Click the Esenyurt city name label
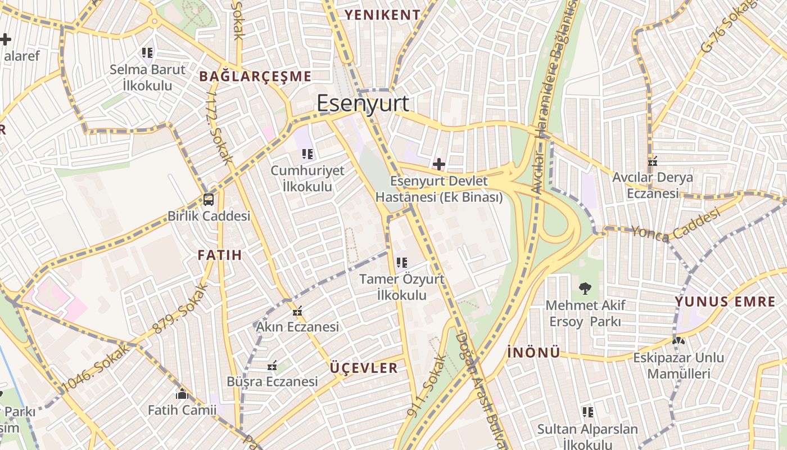(x=363, y=104)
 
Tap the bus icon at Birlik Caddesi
(x=208, y=199)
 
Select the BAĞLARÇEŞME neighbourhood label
(x=255, y=76)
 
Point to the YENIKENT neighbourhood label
(x=382, y=15)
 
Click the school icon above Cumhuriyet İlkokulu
(x=307, y=154)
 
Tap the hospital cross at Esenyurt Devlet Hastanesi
(x=439, y=164)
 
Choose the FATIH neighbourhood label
(x=220, y=255)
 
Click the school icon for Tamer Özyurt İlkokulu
(x=401, y=262)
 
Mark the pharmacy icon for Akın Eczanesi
(x=297, y=310)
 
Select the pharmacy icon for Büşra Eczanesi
(x=273, y=366)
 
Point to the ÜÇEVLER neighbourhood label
(x=364, y=368)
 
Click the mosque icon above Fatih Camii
(x=182, y=394)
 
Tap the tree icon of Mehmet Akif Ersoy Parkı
(x=585, y=289)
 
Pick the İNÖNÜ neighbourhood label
(x=533, y=353)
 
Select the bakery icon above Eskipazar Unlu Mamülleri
(x=679, y=341)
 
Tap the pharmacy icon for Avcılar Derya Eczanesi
(x=653, y=161)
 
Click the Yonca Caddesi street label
(x=675, y=224)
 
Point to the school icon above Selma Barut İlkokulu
(x=147, y=53)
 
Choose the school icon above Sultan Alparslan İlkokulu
(x=587, y=413)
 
